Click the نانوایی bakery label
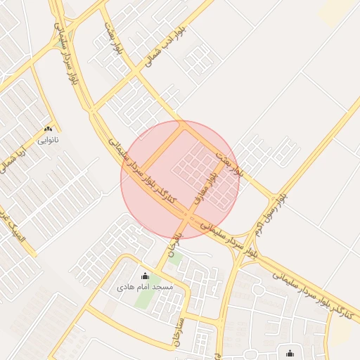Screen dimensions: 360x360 pyautogui.click(x=49, y=140)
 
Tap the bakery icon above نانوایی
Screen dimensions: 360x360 pyautogui.click(x=49, y=129)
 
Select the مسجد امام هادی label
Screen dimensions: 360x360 pyautogui.click(x=146, y=287)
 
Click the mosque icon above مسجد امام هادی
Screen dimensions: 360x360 pyautogui.click(x=146, y=276)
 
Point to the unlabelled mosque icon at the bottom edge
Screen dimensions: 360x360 pyautogui.click(x=290, y=353)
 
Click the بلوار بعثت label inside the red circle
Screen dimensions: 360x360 pyautogui.click(x=229, y=161)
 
